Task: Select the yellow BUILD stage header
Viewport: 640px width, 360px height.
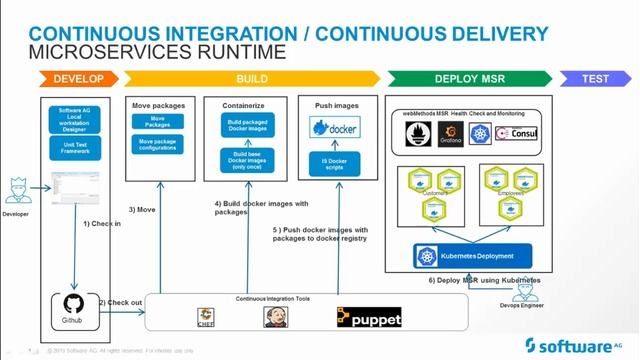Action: pyautogui.click(x=250, y=78)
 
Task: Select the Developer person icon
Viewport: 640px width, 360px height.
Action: pyautogui.click(x=17, y=189)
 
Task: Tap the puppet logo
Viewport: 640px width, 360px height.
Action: pyautogui.click(x=369, y=317)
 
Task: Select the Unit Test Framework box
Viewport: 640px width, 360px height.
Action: pyautogui.click(x=76, y=147)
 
